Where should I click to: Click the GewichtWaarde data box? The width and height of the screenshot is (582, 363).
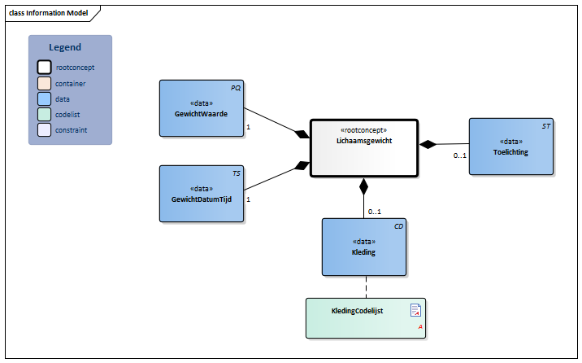point(201,109)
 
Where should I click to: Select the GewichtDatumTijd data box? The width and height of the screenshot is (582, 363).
point(201,194)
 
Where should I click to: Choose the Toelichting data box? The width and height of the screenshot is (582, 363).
point(511,147)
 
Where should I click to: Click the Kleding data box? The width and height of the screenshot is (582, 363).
point(363,247)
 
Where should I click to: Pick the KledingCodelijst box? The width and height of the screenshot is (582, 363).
point(366,317)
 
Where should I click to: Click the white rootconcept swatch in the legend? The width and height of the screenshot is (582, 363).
point(44,68)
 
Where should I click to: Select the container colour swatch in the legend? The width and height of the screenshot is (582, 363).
point(44,83)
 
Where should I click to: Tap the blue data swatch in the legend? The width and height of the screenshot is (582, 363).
point(44,98)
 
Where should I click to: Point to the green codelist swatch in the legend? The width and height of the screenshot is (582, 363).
point(44,114)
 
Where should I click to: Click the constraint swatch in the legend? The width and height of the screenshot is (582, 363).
point(44,129)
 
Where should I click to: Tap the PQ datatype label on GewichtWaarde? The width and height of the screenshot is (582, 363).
point(236,88)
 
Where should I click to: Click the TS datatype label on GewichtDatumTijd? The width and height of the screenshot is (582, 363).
point(236,173)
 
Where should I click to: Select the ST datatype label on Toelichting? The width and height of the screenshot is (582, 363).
point(546,126)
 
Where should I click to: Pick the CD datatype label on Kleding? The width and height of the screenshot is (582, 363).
point(398,226)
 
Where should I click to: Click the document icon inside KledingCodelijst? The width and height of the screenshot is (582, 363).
point(415,309)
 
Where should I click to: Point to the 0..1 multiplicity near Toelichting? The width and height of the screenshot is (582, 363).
point(459,155)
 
